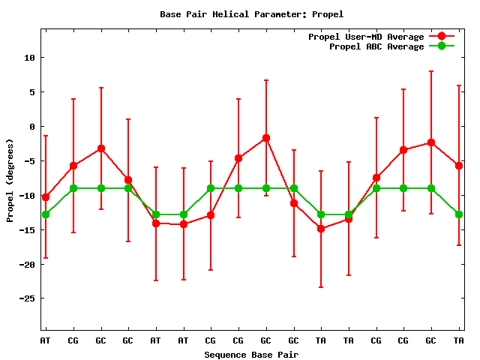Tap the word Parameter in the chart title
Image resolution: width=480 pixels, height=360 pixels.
278,14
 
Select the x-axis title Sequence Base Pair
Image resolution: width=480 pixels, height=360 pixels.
251,355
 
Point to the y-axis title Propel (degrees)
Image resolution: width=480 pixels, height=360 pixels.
10,180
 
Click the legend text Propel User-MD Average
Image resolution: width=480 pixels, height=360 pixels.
366,37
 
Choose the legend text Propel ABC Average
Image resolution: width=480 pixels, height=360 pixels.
376,46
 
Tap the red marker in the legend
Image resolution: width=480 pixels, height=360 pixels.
442,37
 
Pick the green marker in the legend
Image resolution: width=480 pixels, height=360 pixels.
442,46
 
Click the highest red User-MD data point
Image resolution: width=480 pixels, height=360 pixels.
265,138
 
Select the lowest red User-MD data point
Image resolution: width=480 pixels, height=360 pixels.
321,229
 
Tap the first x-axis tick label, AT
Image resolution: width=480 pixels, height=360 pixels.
46,341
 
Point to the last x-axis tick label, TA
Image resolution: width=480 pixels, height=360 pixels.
458,341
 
